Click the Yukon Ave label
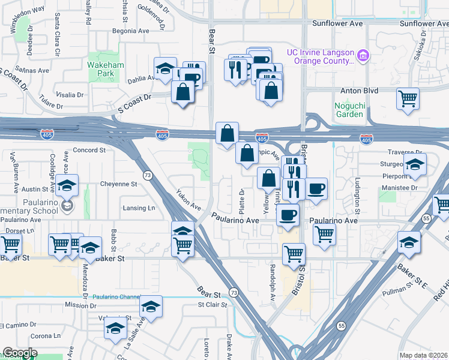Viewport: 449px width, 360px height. (188, 200)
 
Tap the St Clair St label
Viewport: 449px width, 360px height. (212, 305)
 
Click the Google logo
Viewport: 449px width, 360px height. (19, 353)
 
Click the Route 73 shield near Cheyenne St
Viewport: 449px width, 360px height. (147, 175)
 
